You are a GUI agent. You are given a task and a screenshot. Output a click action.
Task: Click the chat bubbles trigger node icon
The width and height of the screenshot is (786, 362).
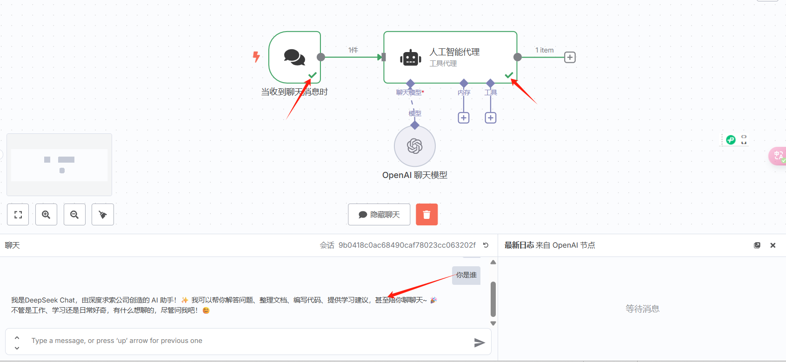(x=294, y=57)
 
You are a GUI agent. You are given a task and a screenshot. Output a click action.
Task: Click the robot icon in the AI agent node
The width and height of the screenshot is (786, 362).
(x=410, y=58)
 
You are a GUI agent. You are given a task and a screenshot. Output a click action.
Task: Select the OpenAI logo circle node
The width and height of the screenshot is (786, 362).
(x=414, y=146)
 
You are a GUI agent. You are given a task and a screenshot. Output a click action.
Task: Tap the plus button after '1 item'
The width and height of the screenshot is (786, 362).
(x=570, y=57)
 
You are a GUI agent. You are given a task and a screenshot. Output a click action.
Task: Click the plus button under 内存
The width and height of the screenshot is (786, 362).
(x=464, y=118)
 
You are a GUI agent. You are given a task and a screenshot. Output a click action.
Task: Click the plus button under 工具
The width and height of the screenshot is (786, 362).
(x=491, y=118)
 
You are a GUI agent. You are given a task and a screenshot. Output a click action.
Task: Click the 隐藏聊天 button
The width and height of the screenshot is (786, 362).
(x=379, y=214)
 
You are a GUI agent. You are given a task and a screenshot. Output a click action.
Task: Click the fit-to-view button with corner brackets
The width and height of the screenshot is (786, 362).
(x=18, y=214)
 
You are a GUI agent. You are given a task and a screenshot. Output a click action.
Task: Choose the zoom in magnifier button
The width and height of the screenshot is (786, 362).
(x=46, y=214)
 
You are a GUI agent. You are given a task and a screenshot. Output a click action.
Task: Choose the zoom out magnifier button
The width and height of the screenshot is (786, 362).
(x=74, y=214)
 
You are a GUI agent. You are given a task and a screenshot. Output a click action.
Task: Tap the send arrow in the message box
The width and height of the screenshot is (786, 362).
(x=479, y=342)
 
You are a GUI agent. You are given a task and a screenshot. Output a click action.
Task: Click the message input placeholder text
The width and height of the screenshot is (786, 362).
(x=117, y=341)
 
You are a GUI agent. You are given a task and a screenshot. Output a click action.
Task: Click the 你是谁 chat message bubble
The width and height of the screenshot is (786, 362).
(x=466, y=275)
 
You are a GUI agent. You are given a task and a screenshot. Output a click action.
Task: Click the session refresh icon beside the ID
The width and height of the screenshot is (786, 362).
(x=486, y=245)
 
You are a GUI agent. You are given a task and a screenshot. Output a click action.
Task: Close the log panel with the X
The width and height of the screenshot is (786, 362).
(x=773, y=245)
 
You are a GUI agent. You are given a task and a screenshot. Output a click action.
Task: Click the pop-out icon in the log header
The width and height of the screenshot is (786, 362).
(x=757, y=245)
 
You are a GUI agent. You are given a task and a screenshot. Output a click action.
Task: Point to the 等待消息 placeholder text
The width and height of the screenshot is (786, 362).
(x=642, y=309)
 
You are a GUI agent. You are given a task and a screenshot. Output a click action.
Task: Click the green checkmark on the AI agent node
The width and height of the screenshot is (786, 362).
(x=509, y=75)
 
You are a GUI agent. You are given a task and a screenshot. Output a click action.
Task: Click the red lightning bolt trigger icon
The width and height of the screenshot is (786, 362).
(x=256, y=57)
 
